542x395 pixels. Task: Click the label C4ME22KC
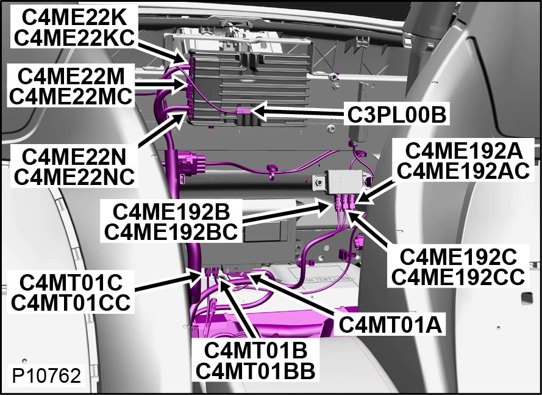tap(74, 38)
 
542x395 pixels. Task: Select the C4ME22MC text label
tap(71, 96)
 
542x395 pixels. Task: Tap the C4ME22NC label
tap(74, 176)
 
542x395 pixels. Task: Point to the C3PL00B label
tap(396, 115)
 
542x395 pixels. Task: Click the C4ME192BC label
tap(171, 231)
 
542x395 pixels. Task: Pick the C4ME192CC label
tap(458, 277)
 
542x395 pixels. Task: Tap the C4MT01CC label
tap(71, 302)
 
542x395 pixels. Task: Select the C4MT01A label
tap(390, 325)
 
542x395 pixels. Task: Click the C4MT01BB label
tap(255, 371)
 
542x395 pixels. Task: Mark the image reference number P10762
tap(46, 375)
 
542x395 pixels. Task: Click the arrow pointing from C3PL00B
tap(298, 112)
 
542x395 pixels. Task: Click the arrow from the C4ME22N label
tap(161, 130)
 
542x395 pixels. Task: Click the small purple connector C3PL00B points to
tap(241, 112)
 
